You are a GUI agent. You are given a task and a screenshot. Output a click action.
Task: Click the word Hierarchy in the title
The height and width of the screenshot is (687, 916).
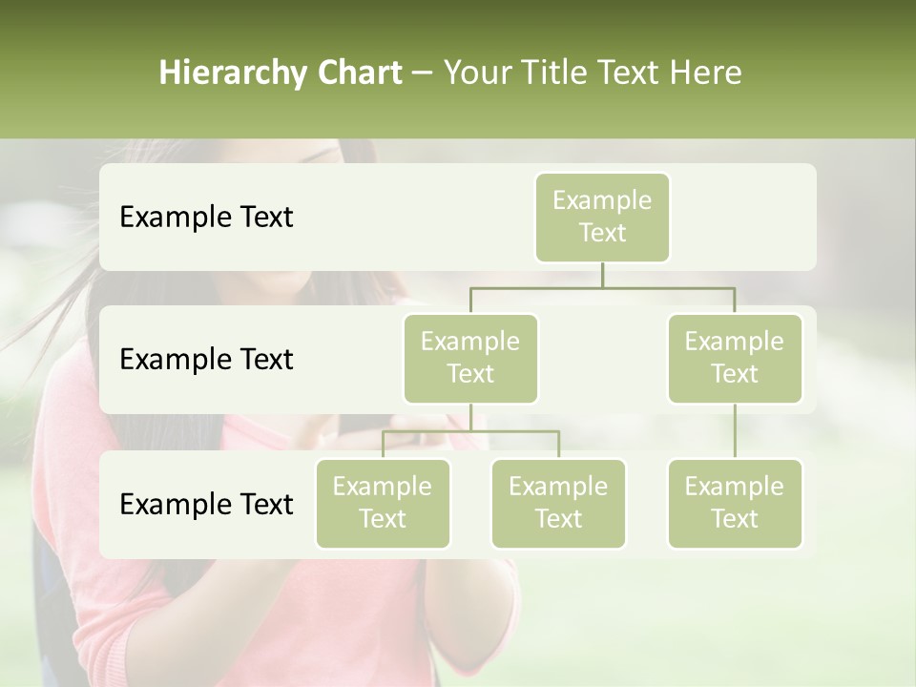pos(217,73)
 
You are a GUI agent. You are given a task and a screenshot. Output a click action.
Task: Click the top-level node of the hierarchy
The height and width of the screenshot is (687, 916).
pos(602,217)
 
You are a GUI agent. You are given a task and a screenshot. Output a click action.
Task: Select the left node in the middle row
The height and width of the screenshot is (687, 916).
pos(470,358)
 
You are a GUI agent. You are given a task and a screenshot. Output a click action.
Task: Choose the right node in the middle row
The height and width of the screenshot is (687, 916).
pos(735,358)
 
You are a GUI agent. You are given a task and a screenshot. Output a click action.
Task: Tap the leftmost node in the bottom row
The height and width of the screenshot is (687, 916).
pos(383,503)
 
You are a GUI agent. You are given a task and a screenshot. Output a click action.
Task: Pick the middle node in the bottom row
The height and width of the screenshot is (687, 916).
pos(558,503)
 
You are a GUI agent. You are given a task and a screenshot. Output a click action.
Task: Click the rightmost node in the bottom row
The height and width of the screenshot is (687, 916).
pos(735,503)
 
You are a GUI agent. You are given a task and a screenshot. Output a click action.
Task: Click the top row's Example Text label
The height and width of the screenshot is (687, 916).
pos(206,218)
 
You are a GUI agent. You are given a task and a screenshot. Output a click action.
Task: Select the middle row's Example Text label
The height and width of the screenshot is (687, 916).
pos(206,360)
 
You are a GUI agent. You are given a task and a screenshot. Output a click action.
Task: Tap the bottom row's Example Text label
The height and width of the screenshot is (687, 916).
pos(206,504)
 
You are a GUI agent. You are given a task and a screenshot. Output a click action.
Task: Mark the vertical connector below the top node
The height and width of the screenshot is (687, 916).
pos(602,275)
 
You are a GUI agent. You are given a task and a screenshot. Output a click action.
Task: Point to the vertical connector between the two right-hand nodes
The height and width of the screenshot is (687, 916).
pos(735,431)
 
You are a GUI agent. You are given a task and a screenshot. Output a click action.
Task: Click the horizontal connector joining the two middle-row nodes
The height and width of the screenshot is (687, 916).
pos(602,287)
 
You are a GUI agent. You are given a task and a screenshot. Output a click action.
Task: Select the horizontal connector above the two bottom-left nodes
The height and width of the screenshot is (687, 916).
pos(470,431)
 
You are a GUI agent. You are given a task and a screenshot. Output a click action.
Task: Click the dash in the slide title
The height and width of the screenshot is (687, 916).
pos(423,73)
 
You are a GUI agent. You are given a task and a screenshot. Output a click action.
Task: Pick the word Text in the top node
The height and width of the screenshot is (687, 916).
pos(602,233)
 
